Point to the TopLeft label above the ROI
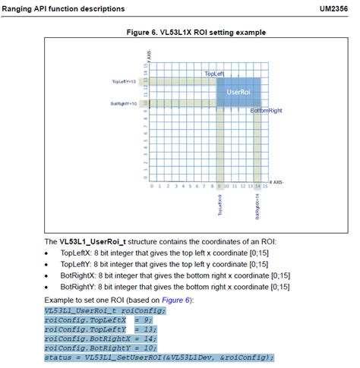coord(215,74)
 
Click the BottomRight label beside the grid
coord(266,111)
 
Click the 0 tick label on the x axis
coord(151,184)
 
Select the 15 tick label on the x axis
coord(264,184)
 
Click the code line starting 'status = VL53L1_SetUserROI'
coord(159,357)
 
